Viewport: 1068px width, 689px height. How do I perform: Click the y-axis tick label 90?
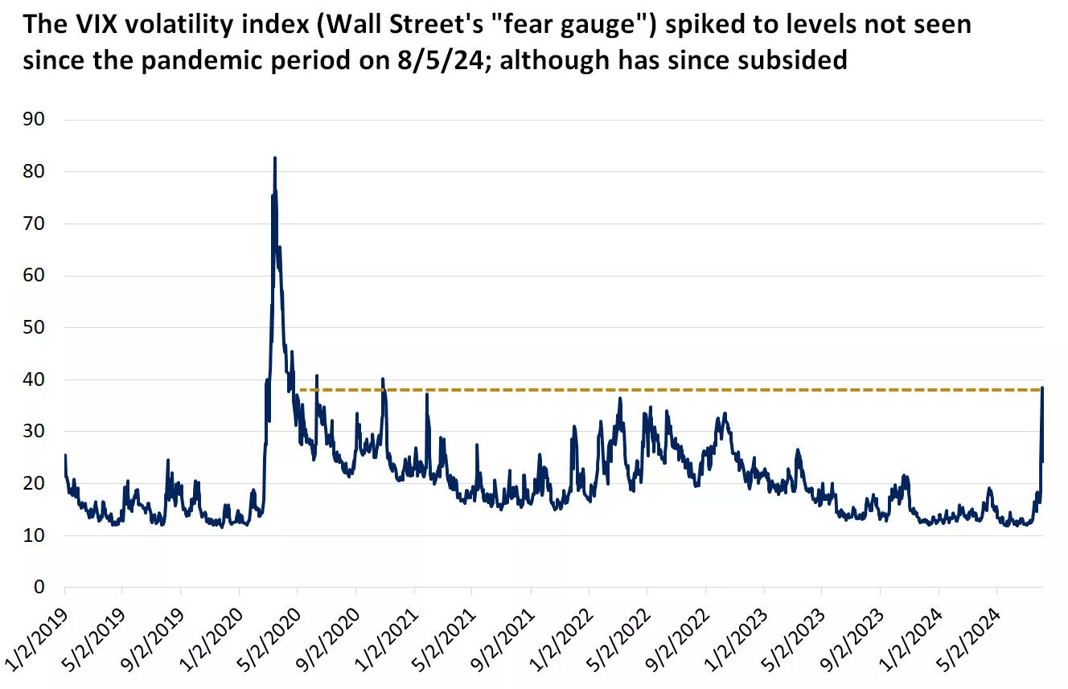33,120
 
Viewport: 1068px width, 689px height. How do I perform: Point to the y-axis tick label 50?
33,328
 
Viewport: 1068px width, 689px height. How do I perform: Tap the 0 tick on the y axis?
39,588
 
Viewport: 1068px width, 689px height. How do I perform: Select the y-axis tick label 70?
33,224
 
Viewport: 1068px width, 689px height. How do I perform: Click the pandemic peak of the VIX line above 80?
275,158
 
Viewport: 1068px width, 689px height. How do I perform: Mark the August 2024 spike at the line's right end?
1042,388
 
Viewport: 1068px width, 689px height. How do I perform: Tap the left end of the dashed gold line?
300,390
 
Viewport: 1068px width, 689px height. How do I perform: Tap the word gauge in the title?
601,24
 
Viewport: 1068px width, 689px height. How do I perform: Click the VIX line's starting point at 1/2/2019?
64,456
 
